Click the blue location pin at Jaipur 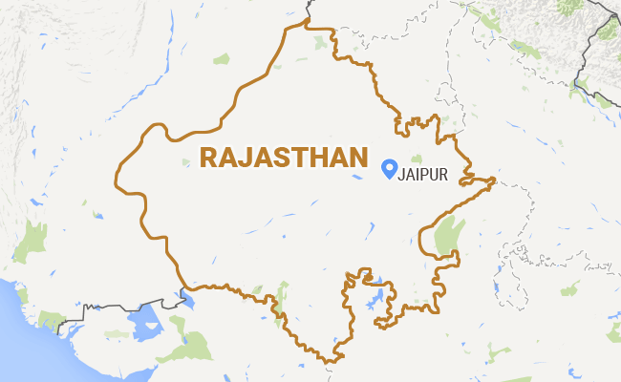pyautogui.click(x=389, y=168)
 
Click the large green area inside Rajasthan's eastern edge pyautogui.click(x=443, y=237)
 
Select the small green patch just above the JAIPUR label pyautogui.click(x=418, y=158)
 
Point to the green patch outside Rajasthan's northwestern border pyautogui.click(x=222, y=59)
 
